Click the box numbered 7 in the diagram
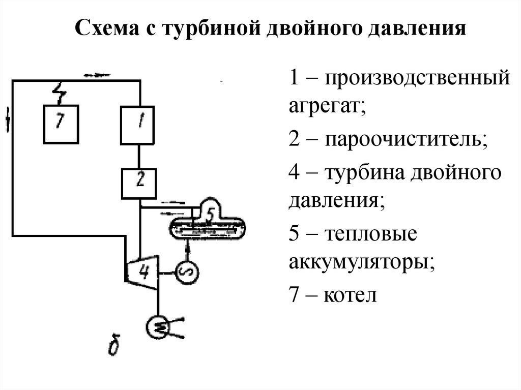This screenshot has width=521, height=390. coord(60,124)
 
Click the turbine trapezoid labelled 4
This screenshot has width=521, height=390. coord(143,273)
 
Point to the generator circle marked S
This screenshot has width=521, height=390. coord(186,273)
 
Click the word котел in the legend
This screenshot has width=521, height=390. coord(351,295)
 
